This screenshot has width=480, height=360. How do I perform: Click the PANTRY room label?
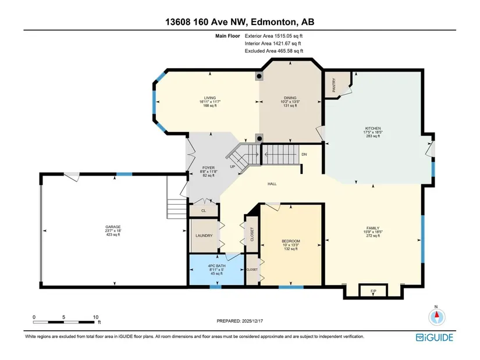click(334, 85)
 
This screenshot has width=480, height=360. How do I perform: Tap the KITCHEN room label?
click(373, 129)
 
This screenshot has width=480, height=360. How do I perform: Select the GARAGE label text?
click(113, 227)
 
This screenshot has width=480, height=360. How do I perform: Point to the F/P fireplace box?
click(373, 291)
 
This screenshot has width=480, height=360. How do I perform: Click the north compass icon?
click(436, 317)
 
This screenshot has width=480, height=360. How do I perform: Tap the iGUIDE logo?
click(435, 337)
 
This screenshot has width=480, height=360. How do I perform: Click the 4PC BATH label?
click(217, 266)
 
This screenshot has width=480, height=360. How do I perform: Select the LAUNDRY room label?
click(204, 236)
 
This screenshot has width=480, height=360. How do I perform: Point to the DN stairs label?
click(304, 155)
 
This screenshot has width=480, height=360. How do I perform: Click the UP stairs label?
click(233, 167)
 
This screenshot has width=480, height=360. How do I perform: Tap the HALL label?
click(272, 184)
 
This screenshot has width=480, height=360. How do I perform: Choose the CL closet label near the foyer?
click(204, 211)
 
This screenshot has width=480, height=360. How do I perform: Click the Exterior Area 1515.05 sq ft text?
click(273, 36)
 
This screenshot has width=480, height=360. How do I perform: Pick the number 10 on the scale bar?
click(95, 317)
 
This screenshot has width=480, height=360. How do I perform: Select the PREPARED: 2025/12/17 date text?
click(240, 321)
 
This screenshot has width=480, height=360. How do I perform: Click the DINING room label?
click(290, 98)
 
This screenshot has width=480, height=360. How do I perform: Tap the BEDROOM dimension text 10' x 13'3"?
click(291, 245)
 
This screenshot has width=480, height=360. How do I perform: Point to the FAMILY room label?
click(373, 228)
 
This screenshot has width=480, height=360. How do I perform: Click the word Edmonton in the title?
click(274, 22)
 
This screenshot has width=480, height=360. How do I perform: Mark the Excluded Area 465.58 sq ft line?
click(274, 51)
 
